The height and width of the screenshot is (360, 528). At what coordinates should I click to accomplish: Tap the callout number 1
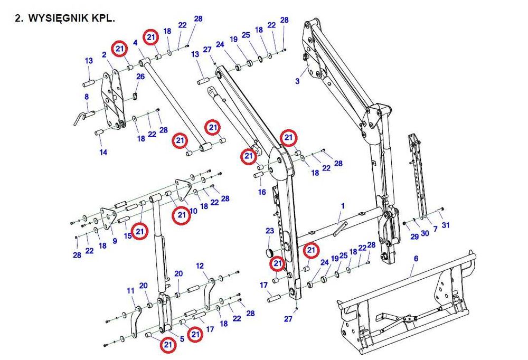[x=342, y=205]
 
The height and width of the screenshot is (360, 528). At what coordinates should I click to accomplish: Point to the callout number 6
[x=416, y=259]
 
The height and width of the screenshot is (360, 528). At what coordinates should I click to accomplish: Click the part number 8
[x=87, y=97]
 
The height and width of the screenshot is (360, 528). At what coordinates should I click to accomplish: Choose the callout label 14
[x=103, y=152]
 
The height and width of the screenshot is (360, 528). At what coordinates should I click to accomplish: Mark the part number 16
[x=262, y=192]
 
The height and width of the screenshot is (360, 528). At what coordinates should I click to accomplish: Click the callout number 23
[x=270, y=231]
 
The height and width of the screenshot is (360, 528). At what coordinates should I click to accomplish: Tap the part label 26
[x=140, y=77]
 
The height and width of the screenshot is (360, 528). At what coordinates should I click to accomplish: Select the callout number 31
[x=446, y=225]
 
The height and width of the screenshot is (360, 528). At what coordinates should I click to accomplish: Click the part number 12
[x=200, y=265]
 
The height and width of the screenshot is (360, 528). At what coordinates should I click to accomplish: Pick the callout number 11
[x=130, y=291]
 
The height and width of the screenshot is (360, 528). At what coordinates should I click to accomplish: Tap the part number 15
[x=128, y=235]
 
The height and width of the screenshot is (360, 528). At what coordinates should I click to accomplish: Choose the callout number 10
[x=193, y=211]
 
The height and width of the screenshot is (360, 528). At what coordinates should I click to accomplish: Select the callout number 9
[x=115, y=241]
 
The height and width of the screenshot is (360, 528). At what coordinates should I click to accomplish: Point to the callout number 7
[x=435, y=229]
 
